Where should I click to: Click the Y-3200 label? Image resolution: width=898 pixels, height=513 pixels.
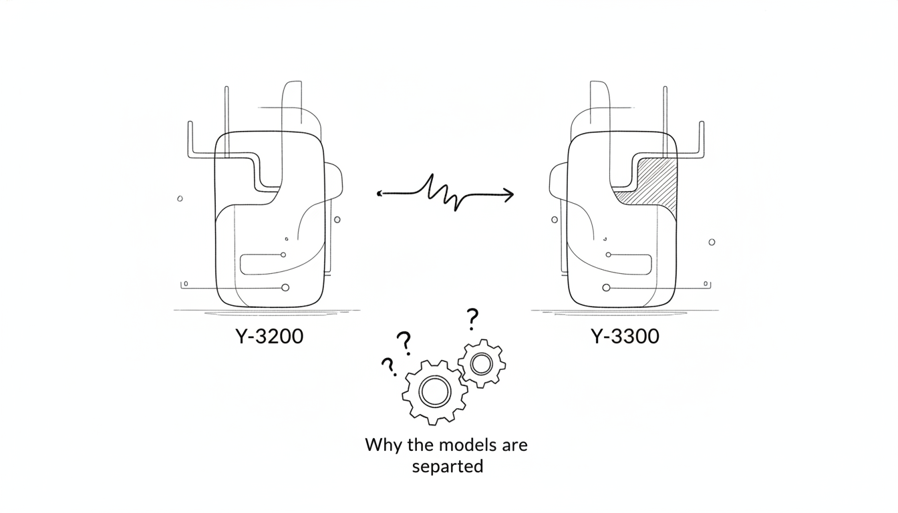(x=269, y=336)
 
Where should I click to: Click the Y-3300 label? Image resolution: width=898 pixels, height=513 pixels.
(x=625, y=336)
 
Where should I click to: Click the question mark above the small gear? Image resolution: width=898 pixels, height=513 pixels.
(x=472, y=319)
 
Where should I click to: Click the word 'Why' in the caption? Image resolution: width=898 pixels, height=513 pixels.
(x=384, y=446)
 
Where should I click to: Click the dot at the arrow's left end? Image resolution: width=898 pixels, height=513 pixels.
(x=379, y=194)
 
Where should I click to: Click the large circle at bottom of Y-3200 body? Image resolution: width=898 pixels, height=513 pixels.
(x=285, y=288)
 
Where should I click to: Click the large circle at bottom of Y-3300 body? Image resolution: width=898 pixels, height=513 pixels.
(x=607, y=288)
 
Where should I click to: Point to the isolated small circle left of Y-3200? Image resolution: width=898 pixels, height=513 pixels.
(x=180, y=199)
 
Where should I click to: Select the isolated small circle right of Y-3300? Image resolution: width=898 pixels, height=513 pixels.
(x=712, y=242)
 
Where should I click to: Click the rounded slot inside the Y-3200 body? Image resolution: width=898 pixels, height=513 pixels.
(x=241, y=265)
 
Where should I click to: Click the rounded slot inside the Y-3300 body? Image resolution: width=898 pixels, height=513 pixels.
(x=651, y=265)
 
